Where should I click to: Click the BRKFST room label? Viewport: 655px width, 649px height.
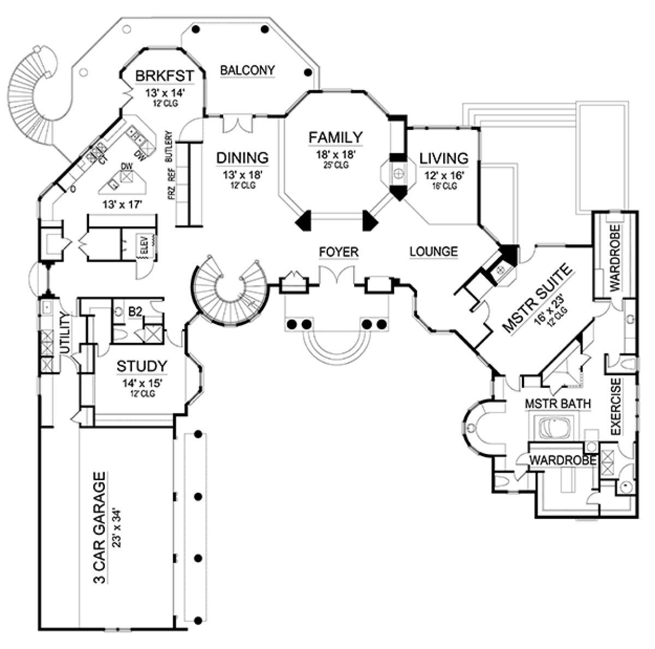pos(159,75)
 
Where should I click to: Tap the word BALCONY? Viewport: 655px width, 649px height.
pos(247,70)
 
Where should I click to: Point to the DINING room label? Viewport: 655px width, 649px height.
pos(242,158)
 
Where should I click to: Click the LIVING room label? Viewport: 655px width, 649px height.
pos(443,158)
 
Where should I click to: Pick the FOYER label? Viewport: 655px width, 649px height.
pos(339,252)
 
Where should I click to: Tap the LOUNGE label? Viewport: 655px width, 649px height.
pos(433,251)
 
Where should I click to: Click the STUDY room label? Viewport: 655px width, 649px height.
pos(141,365)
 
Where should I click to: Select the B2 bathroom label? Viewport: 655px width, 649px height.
pos(135,312)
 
